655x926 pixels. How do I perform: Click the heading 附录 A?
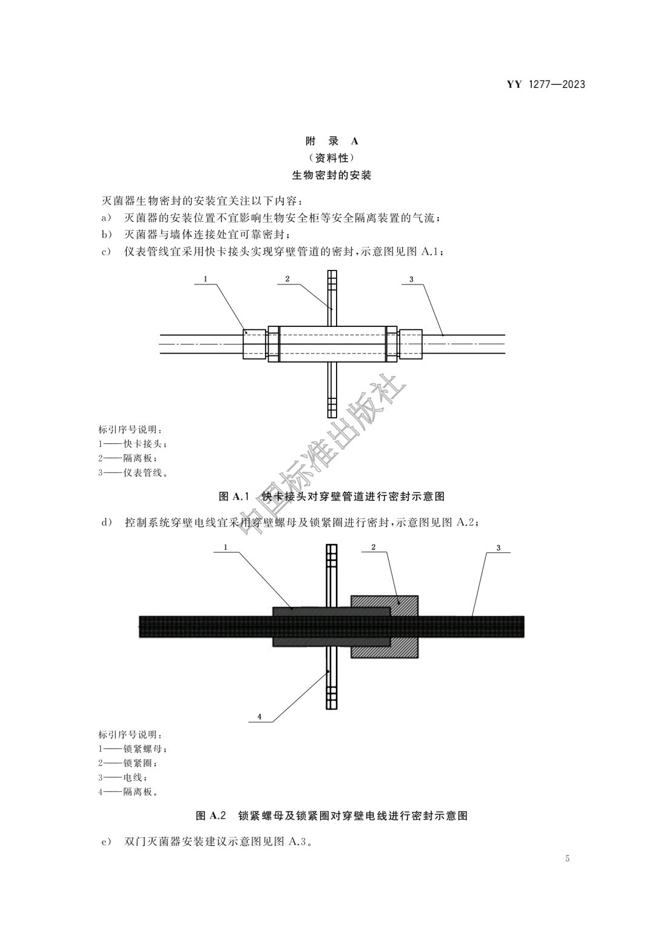(x=331, y=141)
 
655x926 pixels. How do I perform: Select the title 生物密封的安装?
(x=331, y=175)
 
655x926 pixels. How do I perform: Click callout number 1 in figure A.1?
(x=206, y=279)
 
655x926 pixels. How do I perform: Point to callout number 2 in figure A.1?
(x=287, y=279)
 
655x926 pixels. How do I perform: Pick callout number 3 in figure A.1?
(x=411, y=279)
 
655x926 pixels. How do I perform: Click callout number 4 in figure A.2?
(x=260, y=716)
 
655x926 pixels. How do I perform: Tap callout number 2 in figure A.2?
(x=374, y=547)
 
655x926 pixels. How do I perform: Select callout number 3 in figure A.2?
(x=499, y=548)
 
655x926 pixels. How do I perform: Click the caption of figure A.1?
(x=331, y=496)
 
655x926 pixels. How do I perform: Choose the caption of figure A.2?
(x=332, y=816)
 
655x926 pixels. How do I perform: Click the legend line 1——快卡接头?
(x=131, y=443)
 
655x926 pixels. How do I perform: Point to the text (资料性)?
(x=331, y=158)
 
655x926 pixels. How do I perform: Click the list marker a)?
(x=106, y=217)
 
